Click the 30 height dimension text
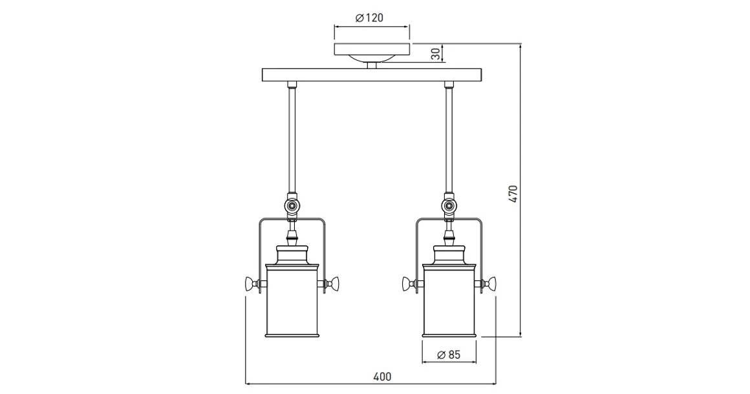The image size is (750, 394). pyautogui.click(x=436, y=54)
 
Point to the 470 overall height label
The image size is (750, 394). pyautogui.click(x=513, y=194)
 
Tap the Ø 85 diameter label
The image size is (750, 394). pyautogui.click(x=449, y=355)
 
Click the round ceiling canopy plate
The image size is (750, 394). pyautogui.click(x=371, y=50)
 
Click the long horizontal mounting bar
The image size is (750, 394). pyautogui.click(x=371, y=76)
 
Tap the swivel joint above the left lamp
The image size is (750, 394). pyautogui.click(x=292, y=206)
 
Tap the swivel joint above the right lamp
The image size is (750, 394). pyautogui.click(x=449, y=206)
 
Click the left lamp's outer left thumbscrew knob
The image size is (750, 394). pyautogui.click(x=250, y=284)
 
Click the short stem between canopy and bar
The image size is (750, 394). pyautogui.click(x=371, y=65)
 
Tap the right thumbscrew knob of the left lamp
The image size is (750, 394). pyautogui.click(x=334, y=284)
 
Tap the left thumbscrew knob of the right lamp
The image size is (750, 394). pyautogui.click(x=407, y=284)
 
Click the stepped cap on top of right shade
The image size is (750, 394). pyautogui.click(x=449, y=255)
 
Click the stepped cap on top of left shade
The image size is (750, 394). pyautogui.click(x=292, y=255)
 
